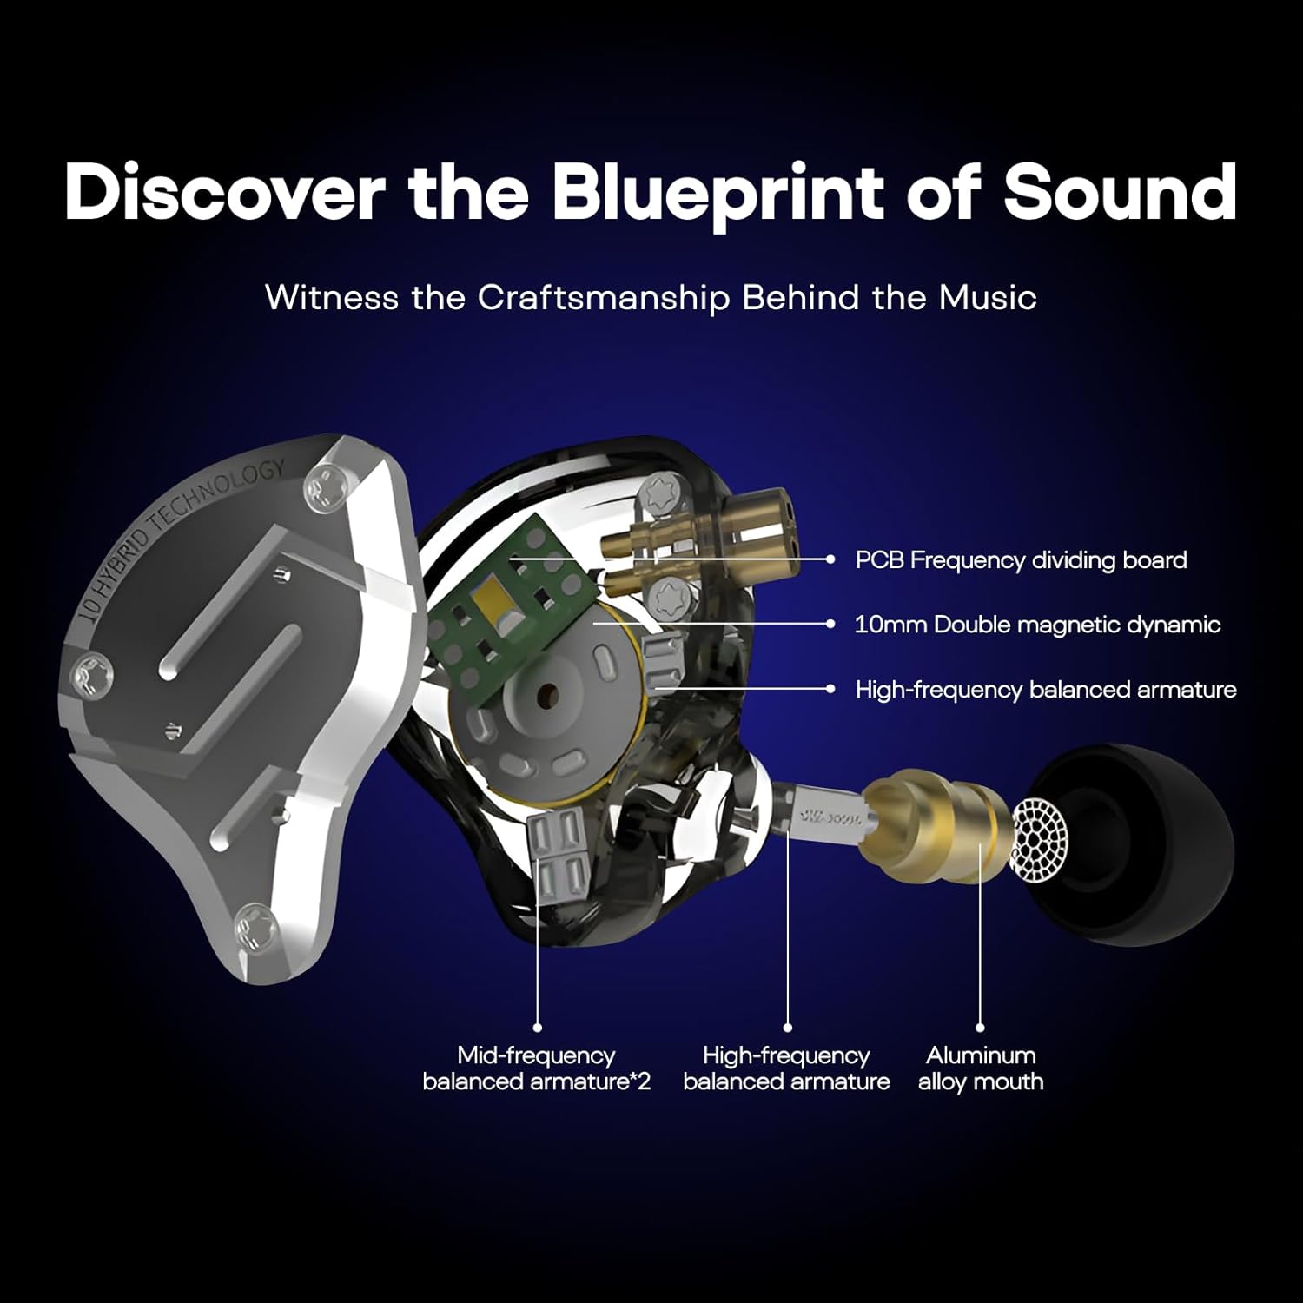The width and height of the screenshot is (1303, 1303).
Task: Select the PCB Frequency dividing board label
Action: (1021, 560)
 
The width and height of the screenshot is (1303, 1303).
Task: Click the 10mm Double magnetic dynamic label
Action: (1037, 625)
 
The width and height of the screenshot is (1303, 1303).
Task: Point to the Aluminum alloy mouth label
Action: (981, 1068)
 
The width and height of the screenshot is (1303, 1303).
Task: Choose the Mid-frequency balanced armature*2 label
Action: (536, 1068)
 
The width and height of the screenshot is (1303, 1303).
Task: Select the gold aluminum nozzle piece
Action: (934, 821)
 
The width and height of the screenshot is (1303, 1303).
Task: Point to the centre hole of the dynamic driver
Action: (547, 695)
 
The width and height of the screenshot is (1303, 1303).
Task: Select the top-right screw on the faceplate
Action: (327, 486)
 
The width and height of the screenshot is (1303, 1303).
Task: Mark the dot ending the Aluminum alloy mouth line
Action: (981, 1028)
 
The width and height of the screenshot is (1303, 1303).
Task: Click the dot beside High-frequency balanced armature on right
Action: (831, 689)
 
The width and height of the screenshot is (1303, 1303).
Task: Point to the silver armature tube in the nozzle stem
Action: (825, 817)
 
